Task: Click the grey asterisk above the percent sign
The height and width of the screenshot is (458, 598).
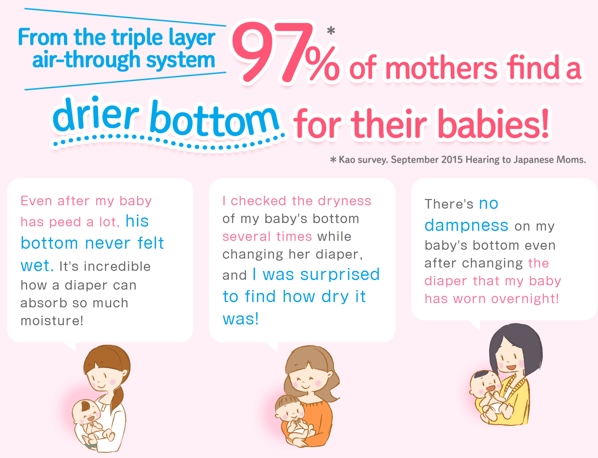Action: point(331,31)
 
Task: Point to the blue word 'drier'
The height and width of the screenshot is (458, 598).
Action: point(95,114)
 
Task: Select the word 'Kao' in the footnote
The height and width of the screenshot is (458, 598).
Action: point(347,160)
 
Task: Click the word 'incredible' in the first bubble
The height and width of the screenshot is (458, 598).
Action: point(117,266)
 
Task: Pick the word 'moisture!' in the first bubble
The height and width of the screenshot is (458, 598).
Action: point(52,321)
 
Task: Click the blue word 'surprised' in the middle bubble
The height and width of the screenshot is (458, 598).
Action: point(340,274)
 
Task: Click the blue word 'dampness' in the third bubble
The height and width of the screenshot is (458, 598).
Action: point(467,226)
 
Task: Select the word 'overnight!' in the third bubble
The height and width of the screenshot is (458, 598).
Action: point(525,299)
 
